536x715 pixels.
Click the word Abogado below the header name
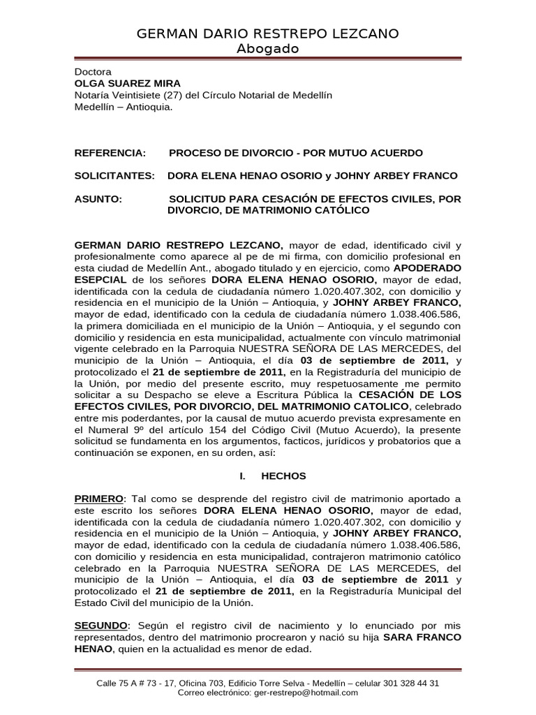click(267, 49)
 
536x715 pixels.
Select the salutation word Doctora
click(93, 72)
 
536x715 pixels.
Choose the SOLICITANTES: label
click(114, 176)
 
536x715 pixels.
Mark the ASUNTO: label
click(98, 199)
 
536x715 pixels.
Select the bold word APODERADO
click(428, 268)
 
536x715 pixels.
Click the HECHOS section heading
click(283, 476)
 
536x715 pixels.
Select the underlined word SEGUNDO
click(101, 626)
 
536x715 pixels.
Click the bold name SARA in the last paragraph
click(399, 637)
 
